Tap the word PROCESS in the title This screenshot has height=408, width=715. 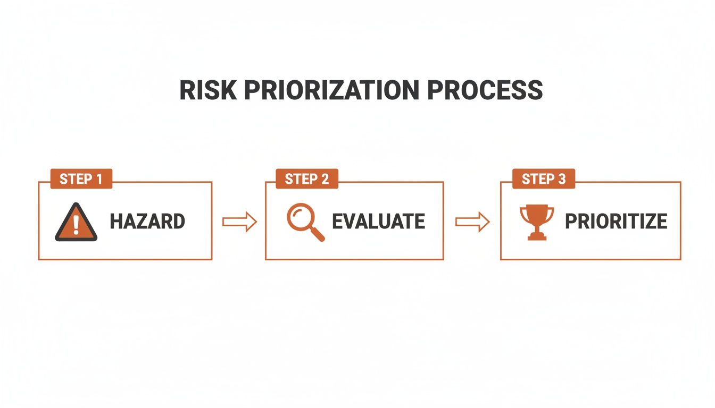click(x=485, y=90)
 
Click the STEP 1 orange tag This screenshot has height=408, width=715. click(x=81, y=179)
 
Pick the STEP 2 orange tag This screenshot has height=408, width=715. click(x=307, y=179)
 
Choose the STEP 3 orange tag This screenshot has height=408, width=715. click(x=544, y=179)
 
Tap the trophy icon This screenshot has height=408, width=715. click(x=536, y=222)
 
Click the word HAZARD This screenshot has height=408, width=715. click(x=147, y=222)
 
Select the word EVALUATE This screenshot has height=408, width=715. click(x=378, y=222)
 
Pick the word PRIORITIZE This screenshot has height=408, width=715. click(x=616, y=222)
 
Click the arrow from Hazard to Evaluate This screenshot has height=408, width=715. click(x=239, y=222)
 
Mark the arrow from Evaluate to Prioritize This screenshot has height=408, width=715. click(x=472, y=222)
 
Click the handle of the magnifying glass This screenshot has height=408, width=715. click(x=318, y=234)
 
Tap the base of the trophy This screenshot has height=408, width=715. click(x=536, y=236)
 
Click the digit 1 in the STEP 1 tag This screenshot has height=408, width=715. click(x=98, y=179)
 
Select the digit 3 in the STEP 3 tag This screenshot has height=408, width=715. click(x=562, y=179)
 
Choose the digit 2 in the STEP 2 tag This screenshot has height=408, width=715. click(x=325, y=179)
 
